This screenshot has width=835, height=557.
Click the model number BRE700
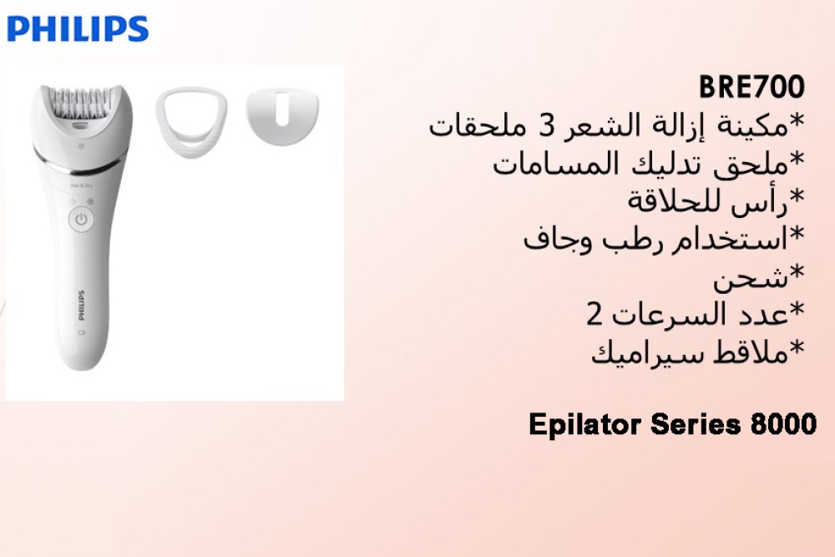point(751,87)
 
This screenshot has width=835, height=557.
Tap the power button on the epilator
point(80,220)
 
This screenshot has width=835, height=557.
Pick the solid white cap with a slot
point(283,116)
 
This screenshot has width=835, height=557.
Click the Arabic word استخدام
point(738,240)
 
